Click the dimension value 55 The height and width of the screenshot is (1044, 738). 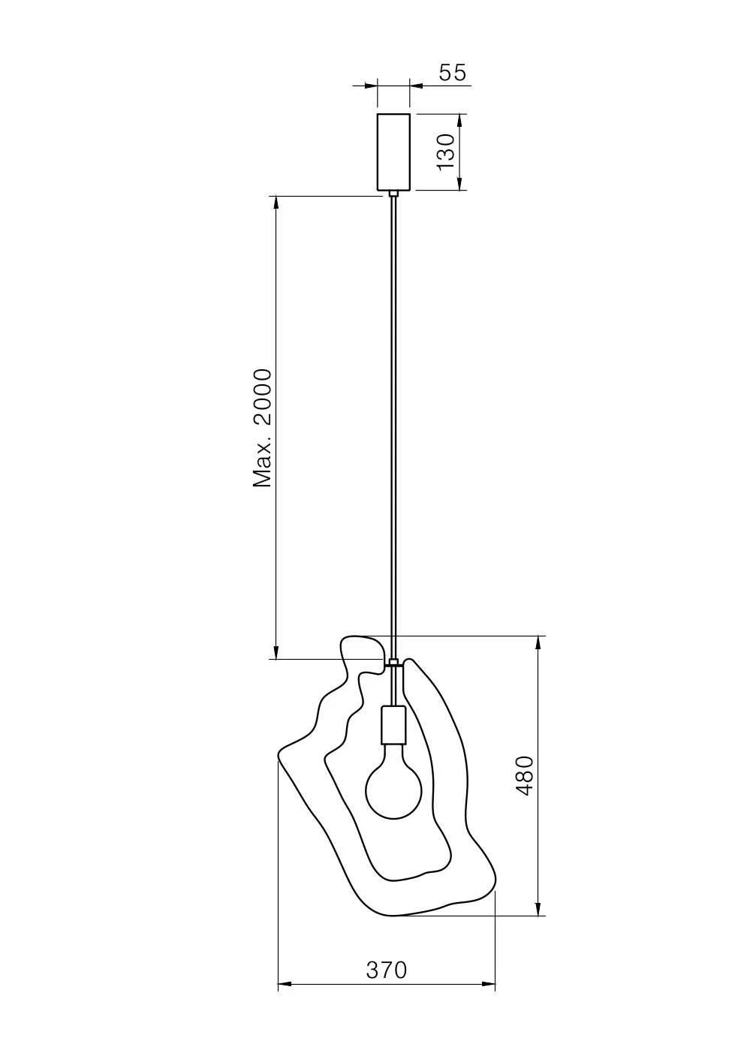[452, 73]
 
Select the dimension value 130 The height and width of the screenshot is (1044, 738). [446, 152]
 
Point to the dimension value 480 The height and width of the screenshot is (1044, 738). [525, 775]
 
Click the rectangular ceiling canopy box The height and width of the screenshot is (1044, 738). [393, 152]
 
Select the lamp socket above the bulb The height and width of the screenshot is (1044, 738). [393, 725]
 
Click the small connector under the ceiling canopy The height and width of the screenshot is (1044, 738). [393, 194]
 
